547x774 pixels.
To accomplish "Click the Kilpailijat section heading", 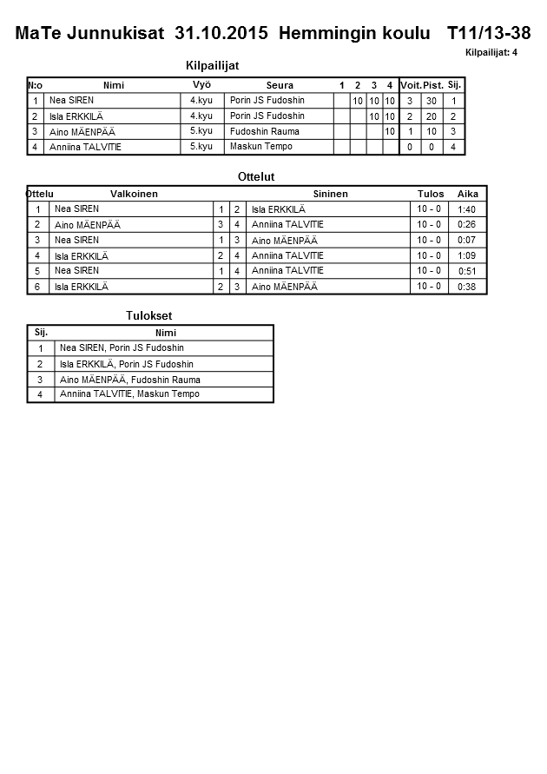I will click(212, 66).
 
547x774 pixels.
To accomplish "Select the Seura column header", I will click(280, 85).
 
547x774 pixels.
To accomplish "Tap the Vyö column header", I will click(201, 84).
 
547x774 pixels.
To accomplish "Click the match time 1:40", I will click(466, 209).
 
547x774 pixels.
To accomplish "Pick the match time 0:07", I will click(466, 240).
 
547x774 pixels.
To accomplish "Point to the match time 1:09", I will click(466, 255).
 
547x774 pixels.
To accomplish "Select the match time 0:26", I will click(466, 225).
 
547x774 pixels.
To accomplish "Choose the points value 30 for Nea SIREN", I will click(431, 101).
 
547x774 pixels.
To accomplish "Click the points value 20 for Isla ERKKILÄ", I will click(431, 116).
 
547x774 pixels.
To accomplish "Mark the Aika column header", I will click(468, 194).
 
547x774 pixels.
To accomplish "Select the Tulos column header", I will click(431, 194).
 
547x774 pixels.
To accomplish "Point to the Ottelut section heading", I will click(256, 176).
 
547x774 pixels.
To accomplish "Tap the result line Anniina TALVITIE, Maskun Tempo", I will click(129, 394).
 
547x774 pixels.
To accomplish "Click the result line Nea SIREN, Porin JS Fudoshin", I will click(122, 348).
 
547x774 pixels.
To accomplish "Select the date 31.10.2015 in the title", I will click(222, 34).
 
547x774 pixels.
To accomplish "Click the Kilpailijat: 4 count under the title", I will click(491, 53).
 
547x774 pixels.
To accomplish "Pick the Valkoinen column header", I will click(134, 194).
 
